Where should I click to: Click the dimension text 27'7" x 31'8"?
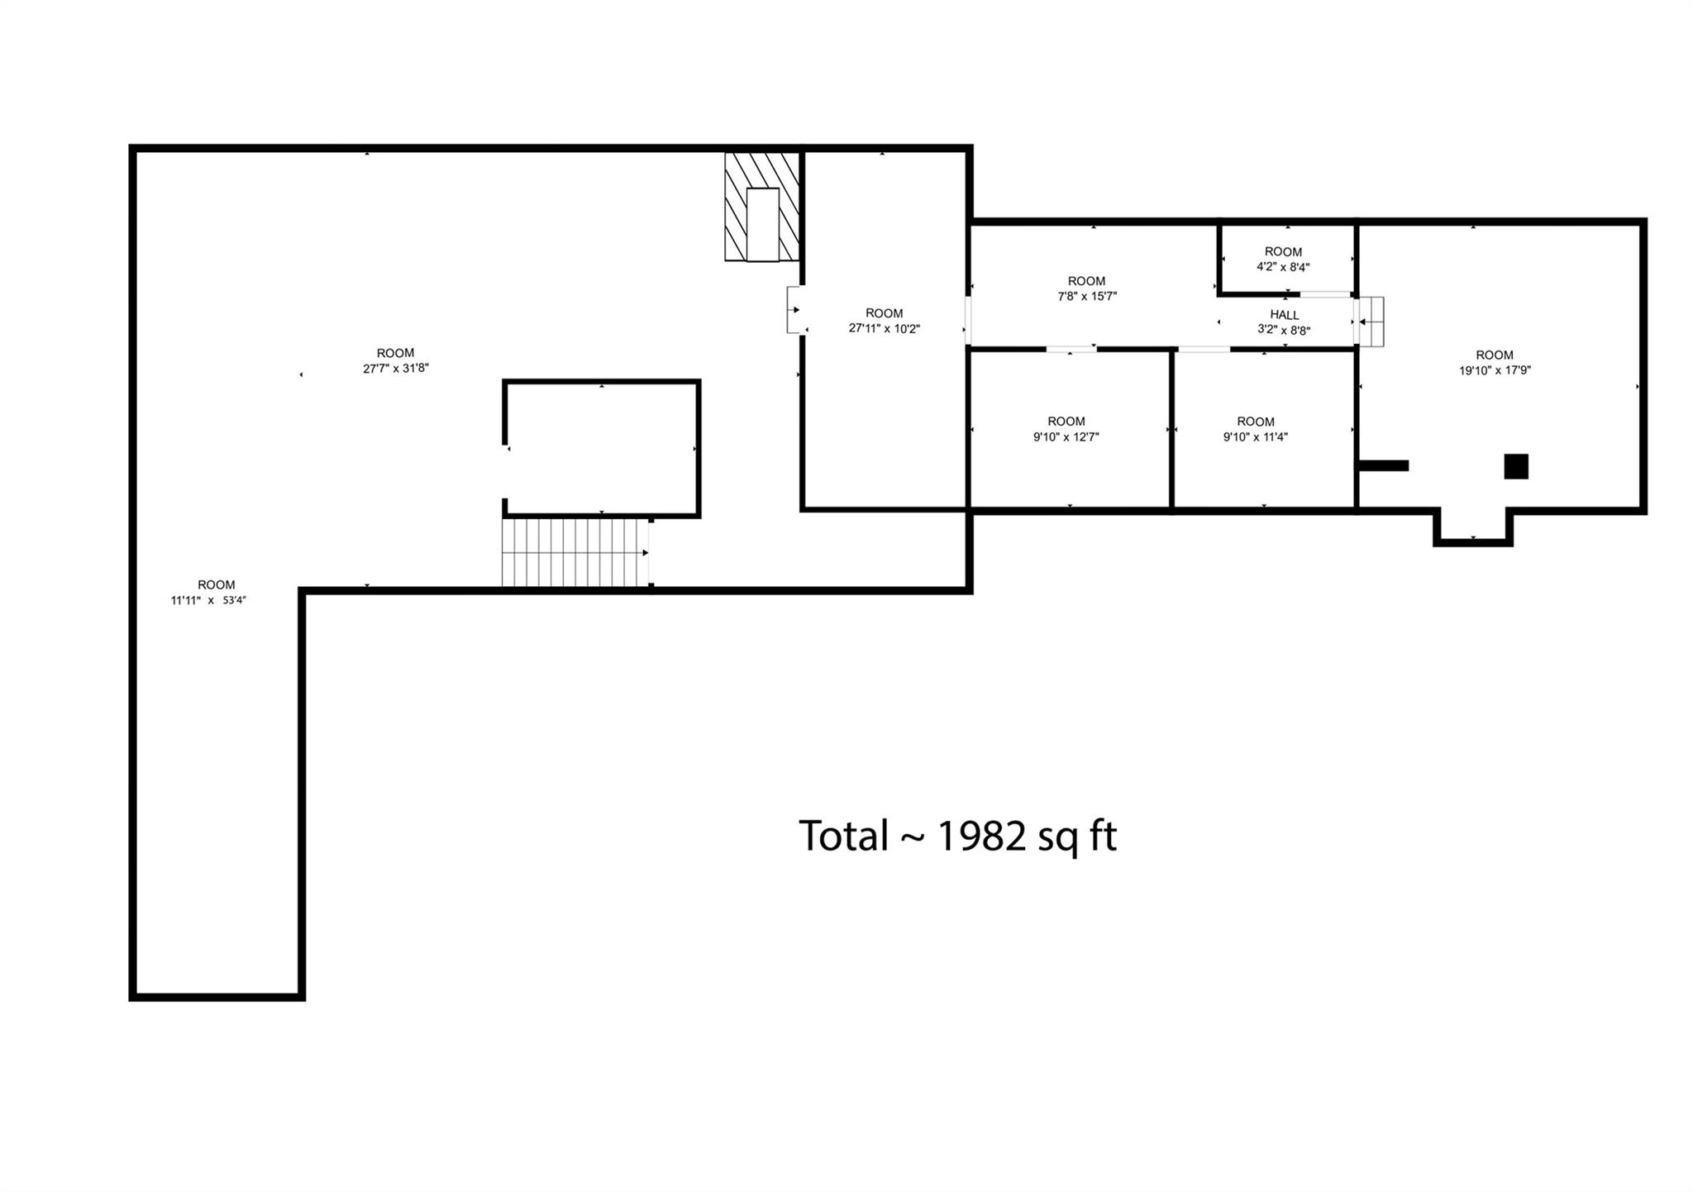tap(395, 369)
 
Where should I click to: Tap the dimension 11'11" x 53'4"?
tap(208, 601)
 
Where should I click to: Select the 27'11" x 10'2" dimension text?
tap(884, 329)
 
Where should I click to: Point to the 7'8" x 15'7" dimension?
tap(1087, 297)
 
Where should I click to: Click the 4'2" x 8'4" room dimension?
tap(1283, 268)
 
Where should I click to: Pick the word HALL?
tap(1285, 315)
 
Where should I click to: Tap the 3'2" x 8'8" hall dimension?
tap(1284, 331)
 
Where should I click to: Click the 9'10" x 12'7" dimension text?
tap(1066, 437)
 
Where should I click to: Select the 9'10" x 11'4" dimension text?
tap(1255, 437)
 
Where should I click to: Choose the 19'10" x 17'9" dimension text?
tap(1495, 371)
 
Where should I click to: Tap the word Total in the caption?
tap(842, 836)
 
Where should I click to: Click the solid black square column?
tap(1515, 466)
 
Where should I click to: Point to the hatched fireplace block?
tap(762, 207)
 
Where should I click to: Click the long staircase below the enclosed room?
tap(575, 552)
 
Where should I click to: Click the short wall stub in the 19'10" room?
tap(1383, 466)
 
